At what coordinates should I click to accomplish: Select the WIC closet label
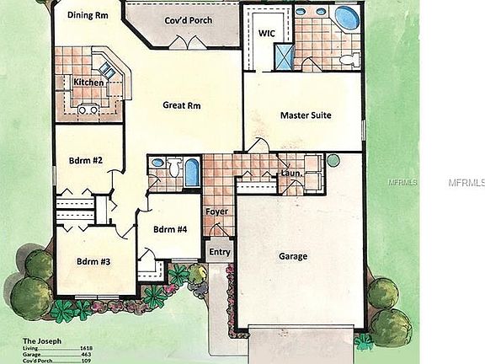pyautogui.click(x=267, y=33)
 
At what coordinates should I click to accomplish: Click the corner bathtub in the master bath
pyautogui.click(x=345, y=16)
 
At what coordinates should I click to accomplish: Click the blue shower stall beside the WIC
pyautogui.click(x=284, y=56)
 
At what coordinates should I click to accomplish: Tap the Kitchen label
pyautogui.click(x=88, y=82)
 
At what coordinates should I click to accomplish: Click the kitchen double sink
pyautogui.click(x=87, y=108)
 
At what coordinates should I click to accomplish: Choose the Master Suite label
pyautogui.click(x=305, y=115)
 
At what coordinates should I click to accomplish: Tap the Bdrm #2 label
pyautogui.click(x=87, y=160)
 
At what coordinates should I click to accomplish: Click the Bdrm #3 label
pyautogui.click(x=93, y=261)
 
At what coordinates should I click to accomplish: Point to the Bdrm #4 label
pyautogui.click(x=170, y=228)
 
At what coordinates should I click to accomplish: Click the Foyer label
pyautogui.click(x=216, y=211)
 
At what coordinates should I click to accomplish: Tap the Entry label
pyautogui.click(x=219, y=252)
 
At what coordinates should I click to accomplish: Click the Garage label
pyautogui.click(x=292, y=256)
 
